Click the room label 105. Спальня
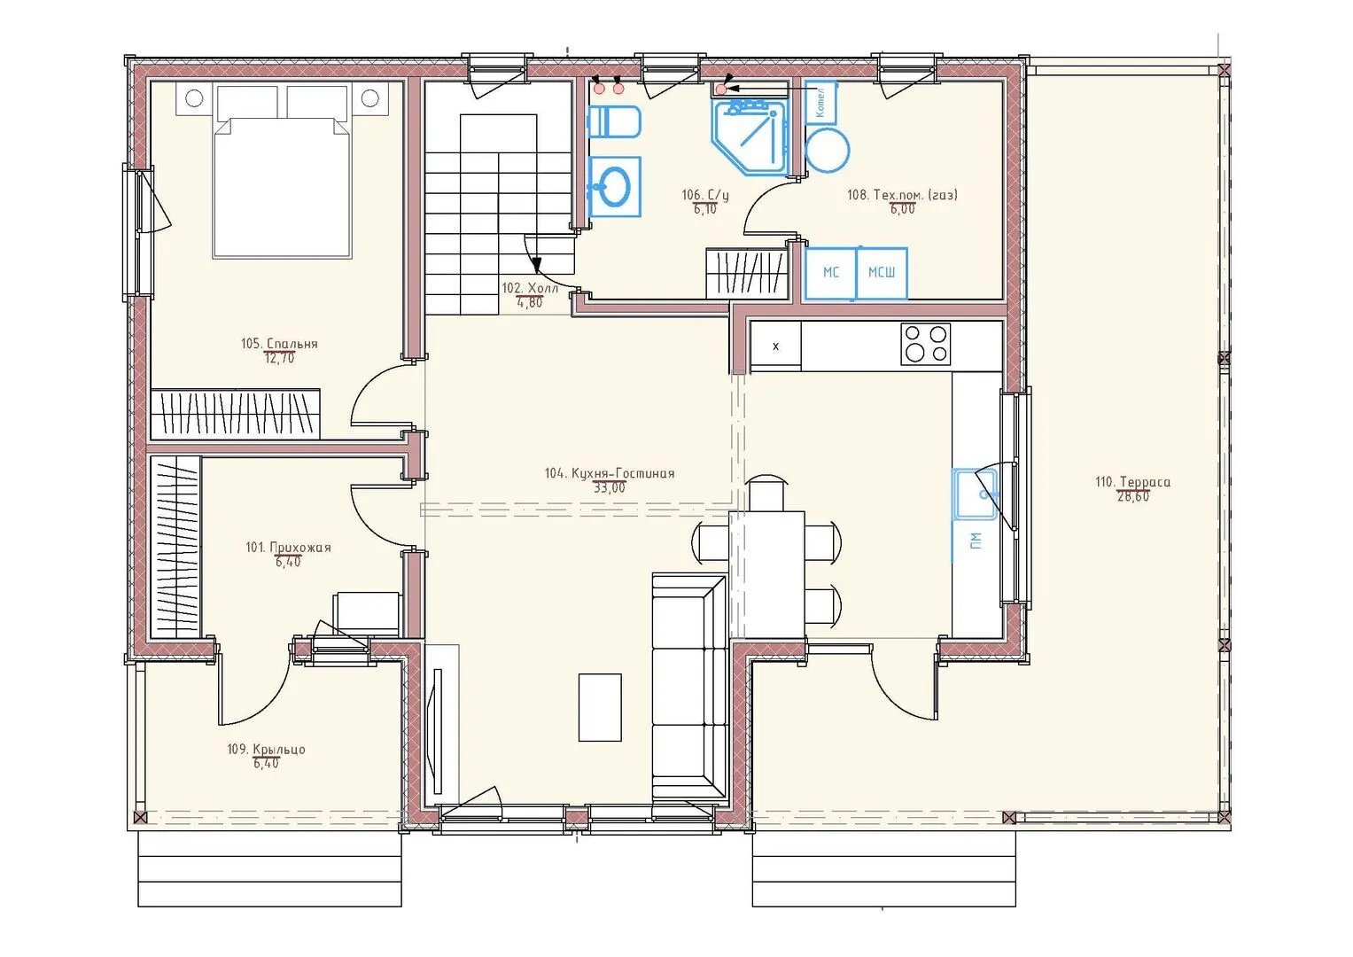(x=279, y=344)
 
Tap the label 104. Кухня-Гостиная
(x=610, y=473)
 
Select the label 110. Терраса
(x=1133, y=482)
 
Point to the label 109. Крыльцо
(x=267, y=749)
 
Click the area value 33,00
(x=610, y=487)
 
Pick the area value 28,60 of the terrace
(x=1133, y=496)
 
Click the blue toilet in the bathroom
(x=614, y=122)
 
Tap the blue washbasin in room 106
(x=614, y=187)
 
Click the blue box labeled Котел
(x=820, y=103)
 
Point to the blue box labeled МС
(x=831, y=273)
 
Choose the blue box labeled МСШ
(x=882, y=273)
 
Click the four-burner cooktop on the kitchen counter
(x=925, y=344)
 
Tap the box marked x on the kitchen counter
(x=775, y=346)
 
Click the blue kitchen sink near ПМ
(x=975, y=494)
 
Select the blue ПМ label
(x=976, y=541)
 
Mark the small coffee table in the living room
(x=600, y=707)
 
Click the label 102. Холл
(x=530, y=288)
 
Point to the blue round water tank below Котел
(x=828, y=150)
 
